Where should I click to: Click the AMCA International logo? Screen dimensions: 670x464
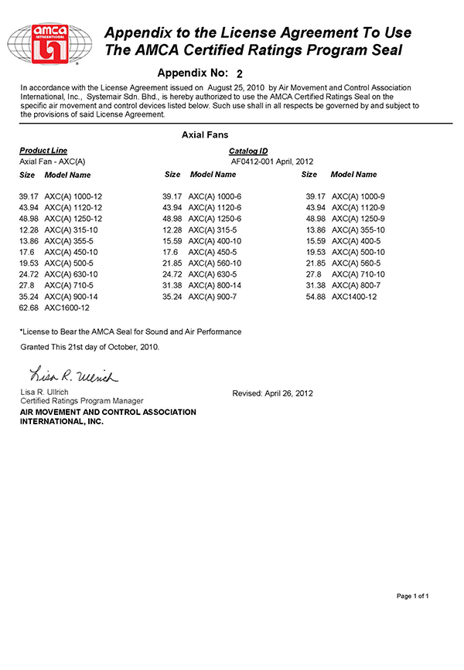(51, 46)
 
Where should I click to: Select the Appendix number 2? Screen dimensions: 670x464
(240, 73)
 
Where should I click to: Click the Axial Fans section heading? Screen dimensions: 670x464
(205, 134)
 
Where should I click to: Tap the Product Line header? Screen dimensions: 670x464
(43, 151)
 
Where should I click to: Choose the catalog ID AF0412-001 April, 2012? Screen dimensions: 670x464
(271, 162)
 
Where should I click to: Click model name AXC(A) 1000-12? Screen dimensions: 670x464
(73, 197)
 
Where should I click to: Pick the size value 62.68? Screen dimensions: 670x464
(29, 308)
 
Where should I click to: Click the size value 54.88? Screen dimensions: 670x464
(316, 297)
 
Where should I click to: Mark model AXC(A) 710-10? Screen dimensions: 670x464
(358, 274)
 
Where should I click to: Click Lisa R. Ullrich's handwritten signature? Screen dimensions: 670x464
(73, 376)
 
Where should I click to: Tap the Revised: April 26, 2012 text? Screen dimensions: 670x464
(272, 393)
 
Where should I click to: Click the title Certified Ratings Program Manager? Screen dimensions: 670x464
(81, 401)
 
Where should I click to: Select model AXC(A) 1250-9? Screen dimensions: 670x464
(358, 219)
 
